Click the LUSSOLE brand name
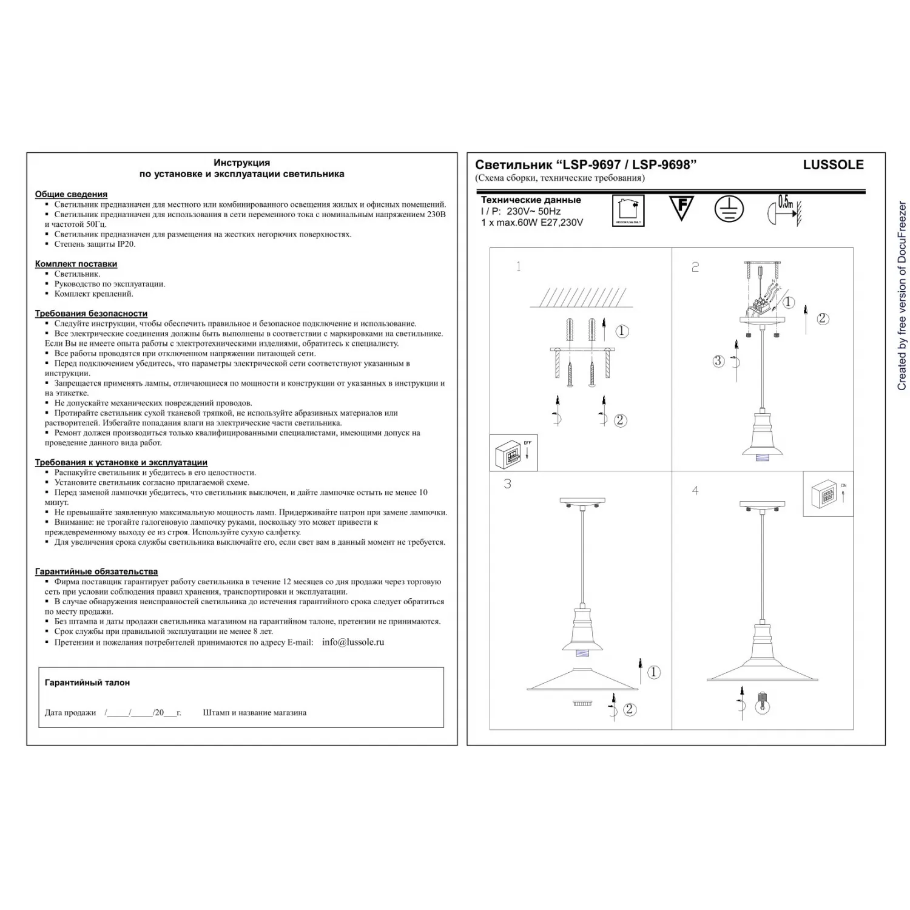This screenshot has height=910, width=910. (x=833, y=164)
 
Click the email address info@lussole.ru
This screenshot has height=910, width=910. (x=353, y=642)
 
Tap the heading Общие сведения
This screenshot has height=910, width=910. (x=71, y=194)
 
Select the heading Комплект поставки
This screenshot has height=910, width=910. (x=76, y=264)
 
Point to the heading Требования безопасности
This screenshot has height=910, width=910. (x=91, y=314)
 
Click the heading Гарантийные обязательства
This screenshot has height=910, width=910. (x=96, y=571)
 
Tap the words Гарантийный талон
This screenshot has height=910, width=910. (x=87, y=682)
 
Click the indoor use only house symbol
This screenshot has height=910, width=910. (x=628, y=210)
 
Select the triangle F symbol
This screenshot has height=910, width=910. (x=681, y=207)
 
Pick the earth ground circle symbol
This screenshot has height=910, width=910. (x=728, y=208)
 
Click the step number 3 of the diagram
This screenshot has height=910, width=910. (x=507, y=484)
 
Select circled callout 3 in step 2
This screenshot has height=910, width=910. (x=718, y=362)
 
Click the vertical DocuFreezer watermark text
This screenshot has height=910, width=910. (x=902, y=296)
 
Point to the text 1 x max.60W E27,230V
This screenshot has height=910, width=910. (x=532, y=223)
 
